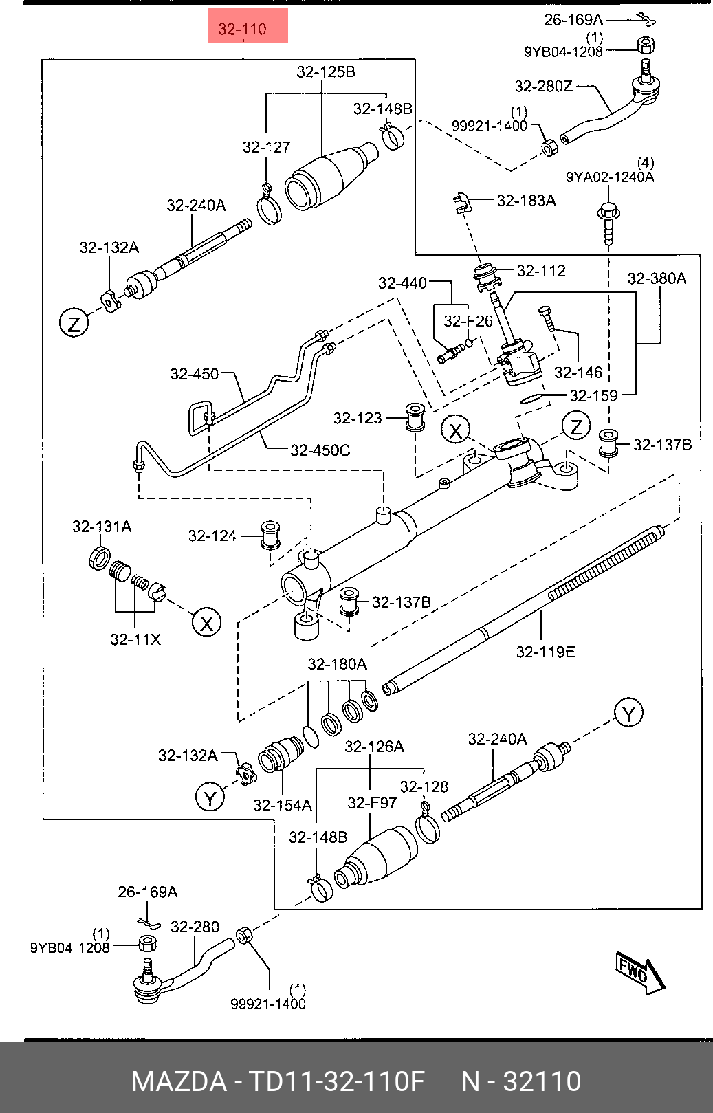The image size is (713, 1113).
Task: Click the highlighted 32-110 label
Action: point(243,28)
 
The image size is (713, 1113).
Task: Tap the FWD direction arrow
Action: point(639,973)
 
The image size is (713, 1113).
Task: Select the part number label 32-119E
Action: point(545,651)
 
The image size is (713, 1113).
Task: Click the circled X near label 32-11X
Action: point(206,623)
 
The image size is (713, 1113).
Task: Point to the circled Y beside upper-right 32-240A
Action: point(628,713)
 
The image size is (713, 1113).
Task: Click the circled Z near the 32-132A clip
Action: point(74,322)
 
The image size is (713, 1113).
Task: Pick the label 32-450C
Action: point(320,450)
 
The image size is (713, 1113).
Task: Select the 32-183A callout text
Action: point(526,200)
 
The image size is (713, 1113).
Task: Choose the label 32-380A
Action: point(657,278)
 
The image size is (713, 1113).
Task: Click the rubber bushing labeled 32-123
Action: point(415,417)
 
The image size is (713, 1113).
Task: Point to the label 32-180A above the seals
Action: point(337,664)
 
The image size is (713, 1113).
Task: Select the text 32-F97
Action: point(372,802)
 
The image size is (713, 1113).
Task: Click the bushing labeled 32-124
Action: point(270,535)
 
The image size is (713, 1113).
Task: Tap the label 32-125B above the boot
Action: point(325,71)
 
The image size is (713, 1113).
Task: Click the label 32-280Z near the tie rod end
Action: point(543,86)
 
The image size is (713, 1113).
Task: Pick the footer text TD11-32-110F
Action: point(336,1081)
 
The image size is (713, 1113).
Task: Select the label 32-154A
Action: point(282,805)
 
